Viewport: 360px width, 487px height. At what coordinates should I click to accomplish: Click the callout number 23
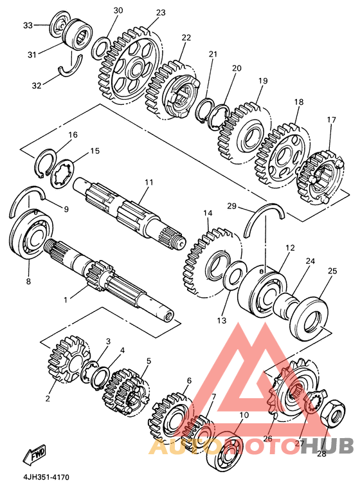pos(160,12)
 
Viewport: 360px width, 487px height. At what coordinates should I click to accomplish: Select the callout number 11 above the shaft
pos(148,183)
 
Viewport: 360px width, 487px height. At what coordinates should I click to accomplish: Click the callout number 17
pos(332,120)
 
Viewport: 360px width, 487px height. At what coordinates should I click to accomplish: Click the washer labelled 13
pos(235,277)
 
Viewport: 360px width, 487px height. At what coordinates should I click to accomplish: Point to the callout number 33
pos(27,25)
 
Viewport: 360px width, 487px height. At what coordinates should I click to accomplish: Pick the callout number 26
pos(267,440)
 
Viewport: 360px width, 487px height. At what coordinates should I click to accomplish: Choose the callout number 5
pos(148,361)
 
